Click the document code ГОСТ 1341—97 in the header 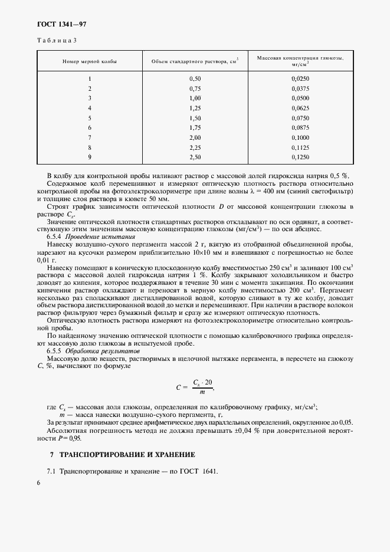tap(62, 24)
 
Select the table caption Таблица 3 tap(57, 41)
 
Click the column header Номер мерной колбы tap(90, 61)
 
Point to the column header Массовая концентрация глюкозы tap(300, 61)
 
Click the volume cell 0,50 tap(195, 78)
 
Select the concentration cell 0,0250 tap(300, 78)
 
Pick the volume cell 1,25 tap(195, 108)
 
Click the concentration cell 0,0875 tap(300, 127)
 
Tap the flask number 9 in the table tap(90, 157)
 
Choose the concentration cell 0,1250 tap(300, 157)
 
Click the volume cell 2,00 tap(195, 137)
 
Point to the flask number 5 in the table tap(90, 118)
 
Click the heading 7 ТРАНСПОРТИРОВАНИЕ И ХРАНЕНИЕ tap(121, 455)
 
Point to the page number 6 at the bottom tap(39, 482)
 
